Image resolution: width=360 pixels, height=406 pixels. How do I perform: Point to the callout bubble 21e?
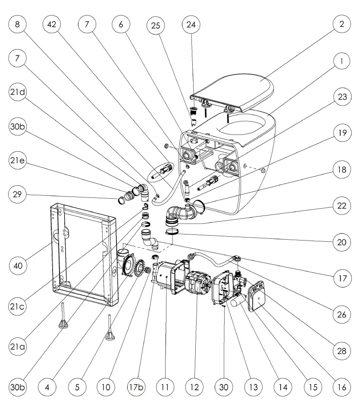tap(17, 161)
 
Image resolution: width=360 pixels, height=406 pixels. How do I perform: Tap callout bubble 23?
tap(341, 97)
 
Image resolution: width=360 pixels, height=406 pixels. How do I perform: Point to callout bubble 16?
tap(341, 386)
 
